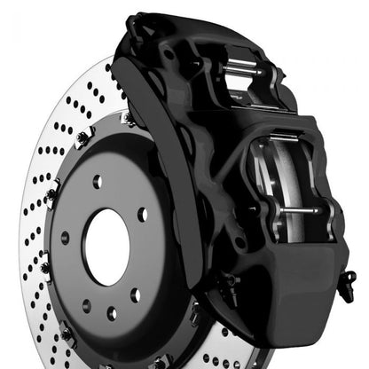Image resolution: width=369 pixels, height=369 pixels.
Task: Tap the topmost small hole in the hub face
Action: pyautogui.click(x=98, y=180)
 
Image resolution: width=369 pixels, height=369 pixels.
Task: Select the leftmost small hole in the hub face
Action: pyautogui.click(x=64, y=237)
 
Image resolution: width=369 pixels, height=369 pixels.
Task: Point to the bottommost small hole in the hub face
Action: pyautogui.click(x=111, y=313)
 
